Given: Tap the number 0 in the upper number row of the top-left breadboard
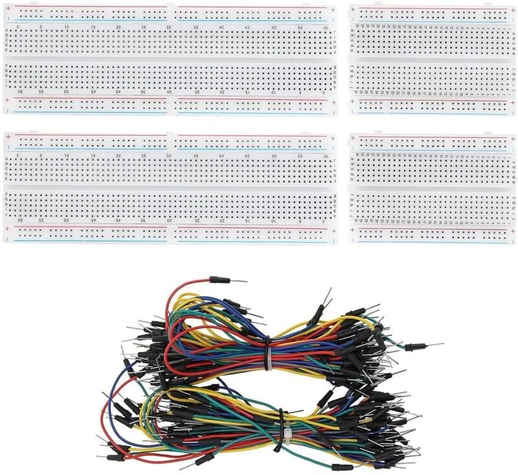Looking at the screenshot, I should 17,27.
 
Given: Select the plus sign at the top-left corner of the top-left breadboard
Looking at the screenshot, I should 7,9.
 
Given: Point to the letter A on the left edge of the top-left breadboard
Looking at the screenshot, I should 6,32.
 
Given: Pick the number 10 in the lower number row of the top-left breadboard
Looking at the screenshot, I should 272,93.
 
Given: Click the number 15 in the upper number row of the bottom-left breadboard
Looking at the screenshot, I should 93,155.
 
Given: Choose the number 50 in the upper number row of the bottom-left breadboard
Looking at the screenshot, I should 274,155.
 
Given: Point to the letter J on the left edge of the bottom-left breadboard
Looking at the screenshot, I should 6,214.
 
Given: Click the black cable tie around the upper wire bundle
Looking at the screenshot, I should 266,353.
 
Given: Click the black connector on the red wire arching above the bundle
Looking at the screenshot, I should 220,280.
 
